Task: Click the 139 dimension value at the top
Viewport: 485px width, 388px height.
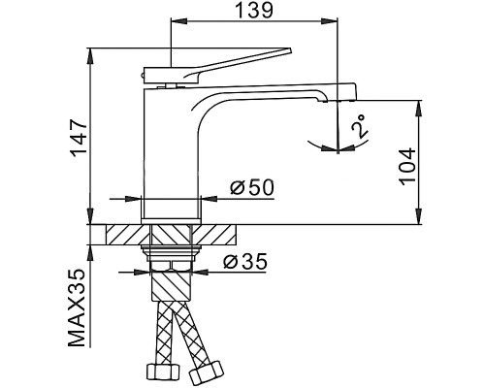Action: pyautogui.click(x=254, y=11)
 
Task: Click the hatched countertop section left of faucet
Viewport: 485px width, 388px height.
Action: pyautogui.click(x=123, y=235)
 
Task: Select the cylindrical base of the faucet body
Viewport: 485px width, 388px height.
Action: pyautogui.click(x=173, y=208)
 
